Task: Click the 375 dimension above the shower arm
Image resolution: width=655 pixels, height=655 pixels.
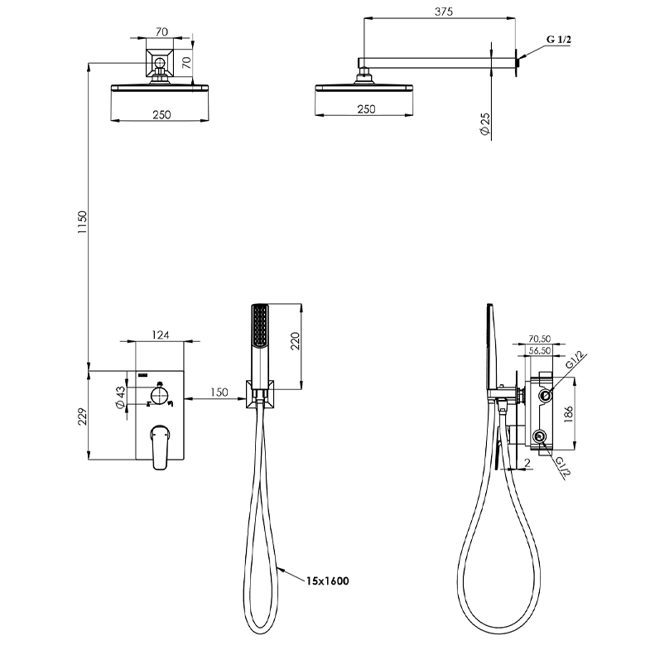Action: (443, 12)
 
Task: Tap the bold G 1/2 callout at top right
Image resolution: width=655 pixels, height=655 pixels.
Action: (558, 40)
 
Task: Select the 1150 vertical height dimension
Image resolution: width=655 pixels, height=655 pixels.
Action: (83, 222)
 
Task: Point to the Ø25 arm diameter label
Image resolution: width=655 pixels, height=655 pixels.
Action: (485, 124)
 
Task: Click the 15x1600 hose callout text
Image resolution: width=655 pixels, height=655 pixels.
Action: (328, 580)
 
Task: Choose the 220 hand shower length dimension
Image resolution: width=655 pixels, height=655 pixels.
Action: (295, 341)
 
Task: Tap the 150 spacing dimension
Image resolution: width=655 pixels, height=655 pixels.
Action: (219, 393)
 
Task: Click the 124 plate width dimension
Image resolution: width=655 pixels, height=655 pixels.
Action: (161, 335)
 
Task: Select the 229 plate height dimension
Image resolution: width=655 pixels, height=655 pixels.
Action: (83, 417)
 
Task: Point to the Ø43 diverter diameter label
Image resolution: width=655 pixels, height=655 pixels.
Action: (120, 397)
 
